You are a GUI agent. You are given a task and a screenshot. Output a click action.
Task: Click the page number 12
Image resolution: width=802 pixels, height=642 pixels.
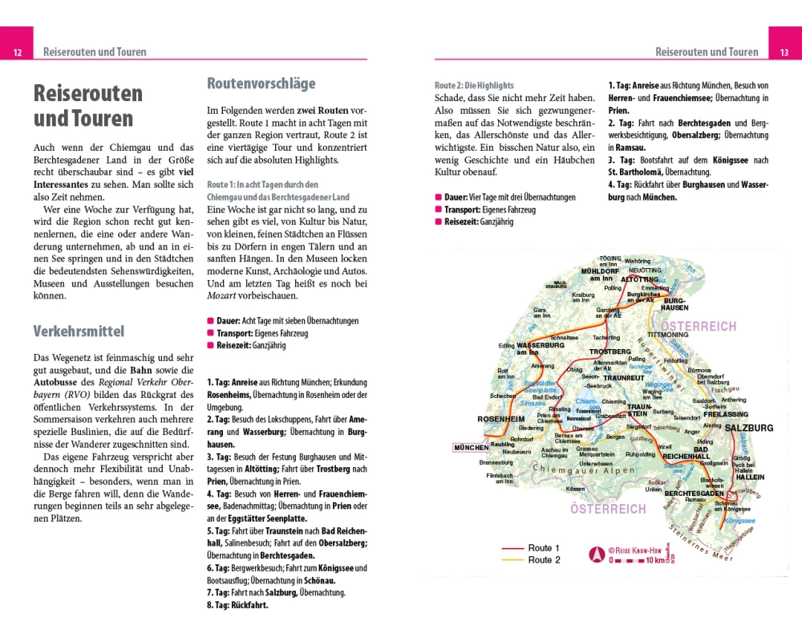click(17, 52)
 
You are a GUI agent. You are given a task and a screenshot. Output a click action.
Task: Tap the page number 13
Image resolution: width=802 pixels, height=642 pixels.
click(784, 52)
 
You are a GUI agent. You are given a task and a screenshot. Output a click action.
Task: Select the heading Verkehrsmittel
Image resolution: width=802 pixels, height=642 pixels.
click(79, 331)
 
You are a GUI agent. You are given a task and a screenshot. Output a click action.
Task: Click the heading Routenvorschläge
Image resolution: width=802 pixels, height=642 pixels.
click(261, 83)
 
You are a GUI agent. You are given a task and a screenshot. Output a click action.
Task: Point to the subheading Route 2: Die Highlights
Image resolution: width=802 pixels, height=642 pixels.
click(474, 85)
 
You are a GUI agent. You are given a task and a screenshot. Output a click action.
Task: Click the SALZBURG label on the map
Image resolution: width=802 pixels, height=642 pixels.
click(748, 429)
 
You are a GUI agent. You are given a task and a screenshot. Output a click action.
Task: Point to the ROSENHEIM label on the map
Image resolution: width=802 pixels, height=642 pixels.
click(500, 419)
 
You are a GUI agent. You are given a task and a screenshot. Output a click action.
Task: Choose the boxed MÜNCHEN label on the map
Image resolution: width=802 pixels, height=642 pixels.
click(471, 448)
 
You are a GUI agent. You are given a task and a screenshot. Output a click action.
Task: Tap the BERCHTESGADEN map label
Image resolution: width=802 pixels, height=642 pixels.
click(694, 493)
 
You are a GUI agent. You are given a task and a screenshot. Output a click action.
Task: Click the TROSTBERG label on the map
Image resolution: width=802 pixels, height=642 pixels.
click(610, 352)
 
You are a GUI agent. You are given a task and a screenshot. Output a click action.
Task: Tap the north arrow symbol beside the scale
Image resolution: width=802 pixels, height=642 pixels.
click(596, 554)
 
